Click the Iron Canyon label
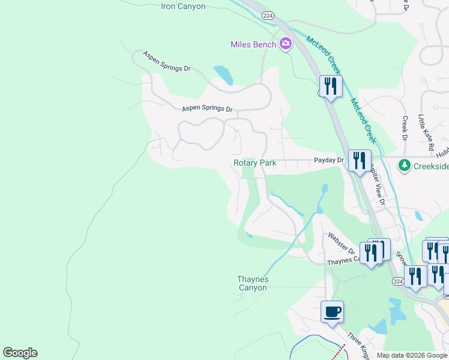pos(183,7)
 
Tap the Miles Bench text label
pos(253,44)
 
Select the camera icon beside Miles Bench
pos(285,43)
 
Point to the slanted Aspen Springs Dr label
pos(166,61)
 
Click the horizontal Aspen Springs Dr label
pos(207,109)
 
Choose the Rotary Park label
pos(255,163)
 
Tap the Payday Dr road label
pos(328,160)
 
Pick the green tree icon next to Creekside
pos(405,164)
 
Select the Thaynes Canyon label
pos(252,283)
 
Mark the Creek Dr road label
pos(405,129)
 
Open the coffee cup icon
pos(333,312)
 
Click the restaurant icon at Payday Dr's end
pos(359,161)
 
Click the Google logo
pos(20,353)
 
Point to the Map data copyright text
pos(412,355)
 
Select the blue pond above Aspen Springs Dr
pos(223,76)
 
